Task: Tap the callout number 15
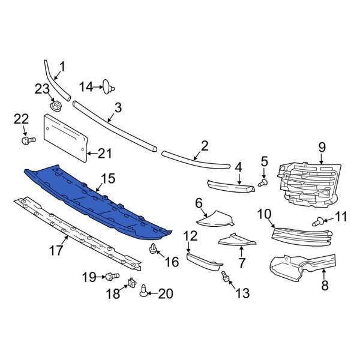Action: point(107,178)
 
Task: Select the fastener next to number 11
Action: point(319,223)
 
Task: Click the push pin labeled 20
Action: point(143,292)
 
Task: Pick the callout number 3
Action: point(118,109)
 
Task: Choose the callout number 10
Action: point(264,213)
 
